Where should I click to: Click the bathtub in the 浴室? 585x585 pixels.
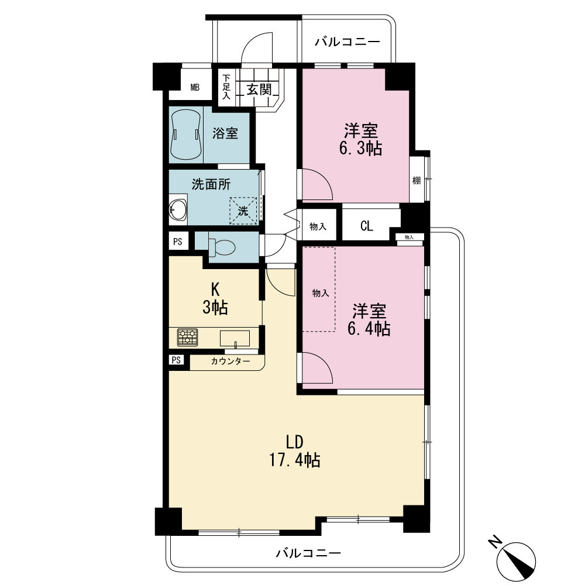tap(185, 135)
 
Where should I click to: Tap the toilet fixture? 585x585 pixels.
tap(222, 246)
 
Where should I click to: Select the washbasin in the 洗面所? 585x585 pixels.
tap(178, 209)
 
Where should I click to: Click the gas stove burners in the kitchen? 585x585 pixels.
tap(188, 338)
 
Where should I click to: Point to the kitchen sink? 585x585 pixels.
tap(235, 338)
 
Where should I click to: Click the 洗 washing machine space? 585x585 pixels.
tap(243, 211)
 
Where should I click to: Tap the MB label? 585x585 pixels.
tap(195, 87)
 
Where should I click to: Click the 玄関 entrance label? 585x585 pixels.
tap(259, 90)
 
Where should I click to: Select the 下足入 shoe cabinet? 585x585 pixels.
tap(226, 88)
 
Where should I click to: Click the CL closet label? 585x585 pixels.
tap(367, 226)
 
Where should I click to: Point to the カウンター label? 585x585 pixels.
tap(230, 361)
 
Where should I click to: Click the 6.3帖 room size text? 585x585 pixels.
tap(360, 149)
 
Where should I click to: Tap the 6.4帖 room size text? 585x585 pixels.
tap(369, 329)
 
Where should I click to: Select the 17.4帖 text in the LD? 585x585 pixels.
tap(295, 460)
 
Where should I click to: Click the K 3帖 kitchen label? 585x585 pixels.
tap(215, 298)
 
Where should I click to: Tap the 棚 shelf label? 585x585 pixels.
tap(417, 181)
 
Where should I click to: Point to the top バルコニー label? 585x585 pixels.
tap(347, 42)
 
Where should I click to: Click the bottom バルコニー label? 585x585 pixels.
tap(308, 553)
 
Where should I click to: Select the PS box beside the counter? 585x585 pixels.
tap(177, 360)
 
